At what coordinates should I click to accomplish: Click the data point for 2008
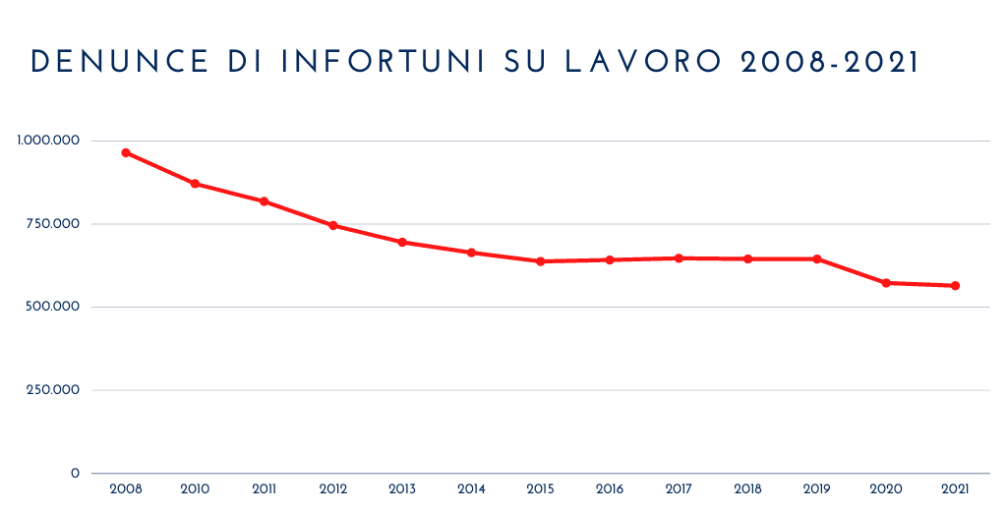click(126, 152)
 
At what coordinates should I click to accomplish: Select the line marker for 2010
click(195, 184)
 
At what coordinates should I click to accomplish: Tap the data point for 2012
click(333, 225)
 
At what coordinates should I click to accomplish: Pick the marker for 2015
click(540, 261)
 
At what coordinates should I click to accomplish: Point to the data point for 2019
click(816, 259)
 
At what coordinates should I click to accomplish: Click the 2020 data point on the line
click(886, 283)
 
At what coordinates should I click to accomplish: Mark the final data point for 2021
click(955, 286)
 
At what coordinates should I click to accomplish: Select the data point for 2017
click(679, 258)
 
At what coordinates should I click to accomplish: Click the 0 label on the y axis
click(75, 474)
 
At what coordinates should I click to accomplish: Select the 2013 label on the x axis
click(402, 488)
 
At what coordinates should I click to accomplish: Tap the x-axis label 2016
click(610, 488)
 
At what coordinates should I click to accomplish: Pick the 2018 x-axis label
click(747, 488)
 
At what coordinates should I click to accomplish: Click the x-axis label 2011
click(264, 488)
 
